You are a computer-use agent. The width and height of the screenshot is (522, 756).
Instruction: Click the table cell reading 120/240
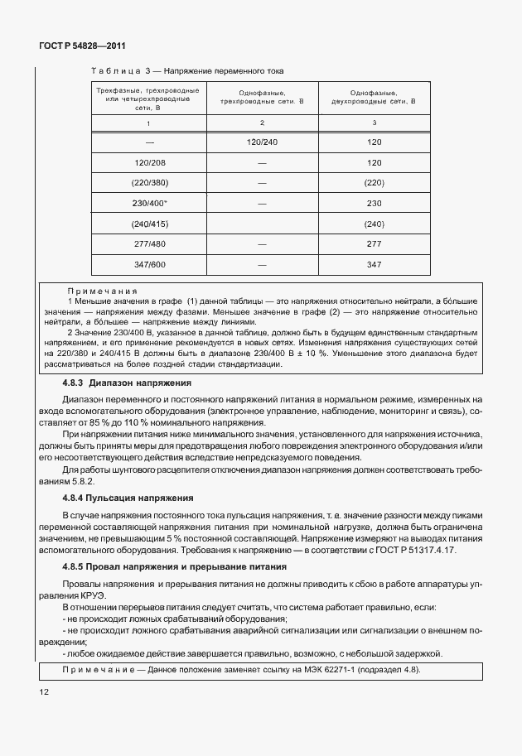[x=262, y=142]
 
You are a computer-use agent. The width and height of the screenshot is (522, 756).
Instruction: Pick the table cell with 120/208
[x=149, y=163]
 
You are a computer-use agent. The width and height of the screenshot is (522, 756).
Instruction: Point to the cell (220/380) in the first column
[x=149, y=183]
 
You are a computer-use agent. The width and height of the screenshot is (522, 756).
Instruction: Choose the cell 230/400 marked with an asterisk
[x=149, y=204]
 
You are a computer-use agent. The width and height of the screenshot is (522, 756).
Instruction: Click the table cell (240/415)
[x=149, y=224]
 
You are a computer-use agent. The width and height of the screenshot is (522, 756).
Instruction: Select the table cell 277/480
[x=149, y=244]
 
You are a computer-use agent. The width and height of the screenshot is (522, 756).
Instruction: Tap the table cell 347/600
[x=149, y=265]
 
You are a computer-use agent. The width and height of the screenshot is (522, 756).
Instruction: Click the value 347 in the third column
[x=374, y=265]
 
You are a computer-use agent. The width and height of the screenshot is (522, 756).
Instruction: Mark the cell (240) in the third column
[x=374, y=224]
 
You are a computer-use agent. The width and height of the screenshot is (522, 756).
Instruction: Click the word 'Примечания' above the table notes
[x=102, y=291]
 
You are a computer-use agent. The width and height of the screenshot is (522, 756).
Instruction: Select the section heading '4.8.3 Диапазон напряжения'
[x=127, y=383]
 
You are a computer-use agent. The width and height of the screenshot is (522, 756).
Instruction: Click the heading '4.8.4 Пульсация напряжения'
[x=128, y=498]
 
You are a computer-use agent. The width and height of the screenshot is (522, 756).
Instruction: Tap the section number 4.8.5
[x=77, y=567]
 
